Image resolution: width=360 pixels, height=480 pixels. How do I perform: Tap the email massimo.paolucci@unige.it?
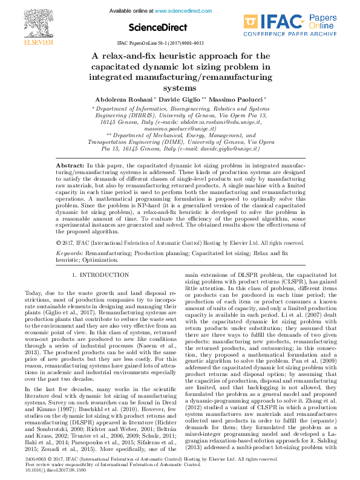tap(180, 129)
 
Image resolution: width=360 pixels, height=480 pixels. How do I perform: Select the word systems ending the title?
tap(180, 87)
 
